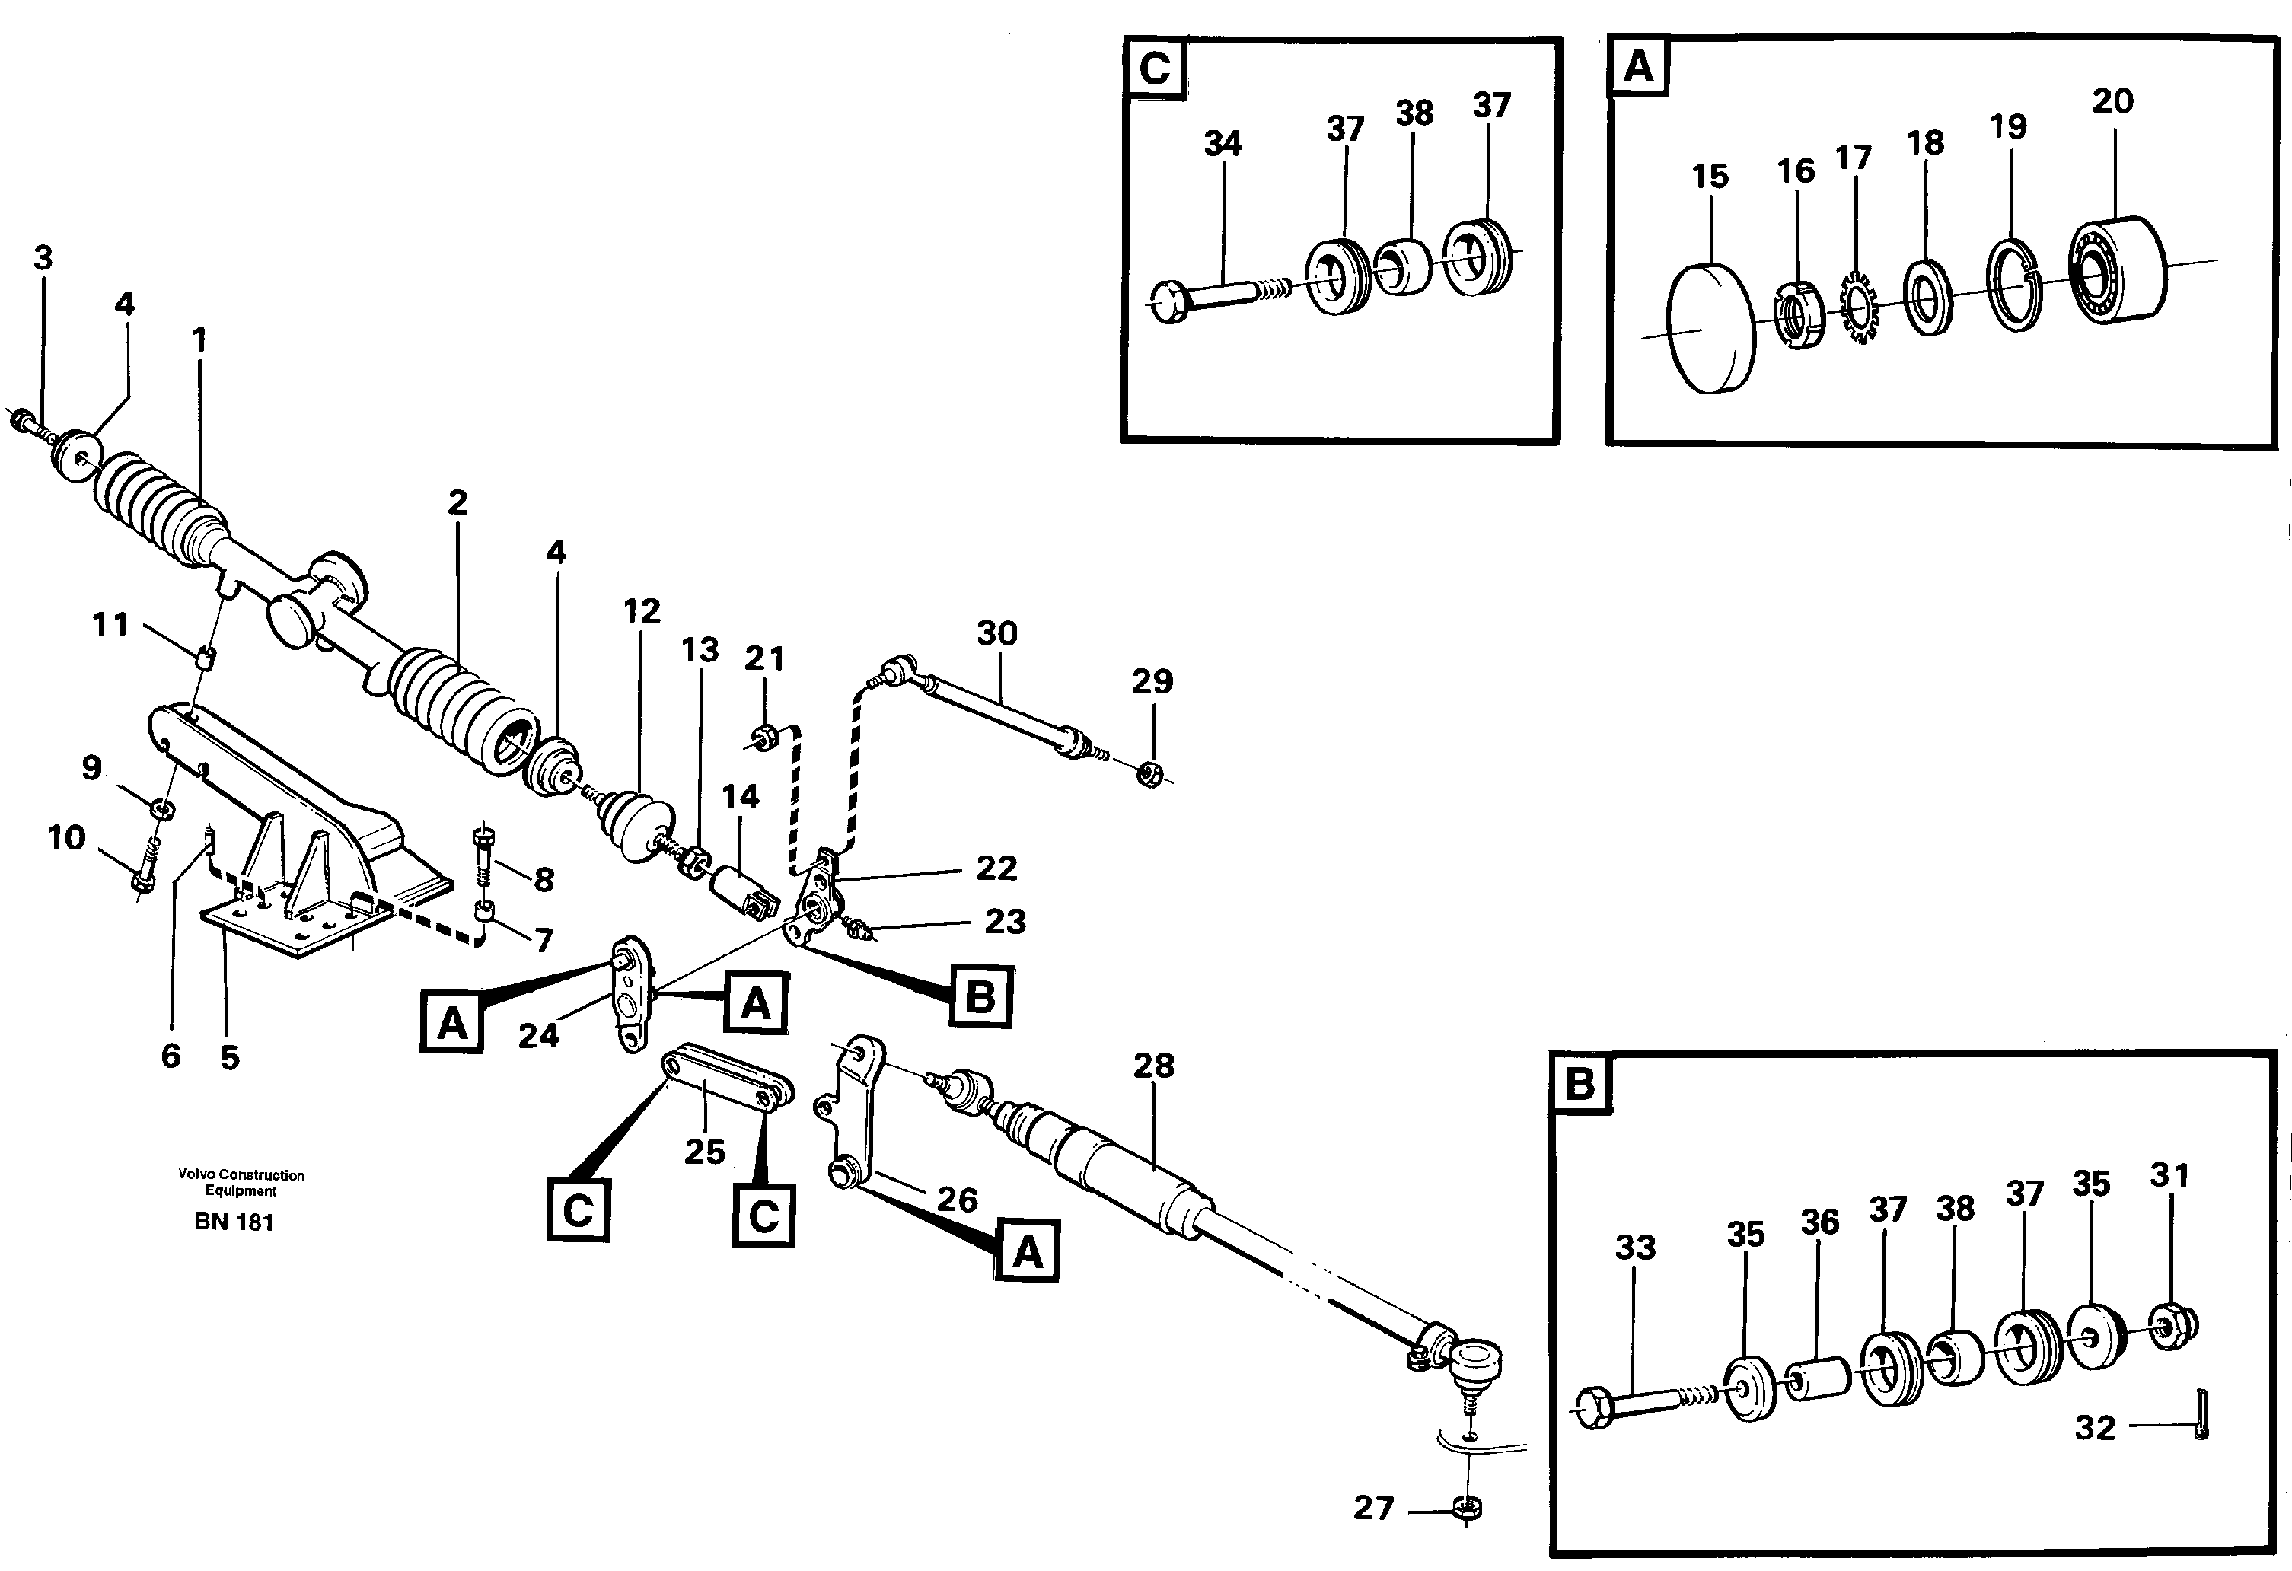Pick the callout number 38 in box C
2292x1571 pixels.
1414,113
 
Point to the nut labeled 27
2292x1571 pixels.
1468,1508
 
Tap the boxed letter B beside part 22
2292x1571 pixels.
980,997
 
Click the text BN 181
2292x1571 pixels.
234,1222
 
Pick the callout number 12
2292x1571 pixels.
641,611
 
